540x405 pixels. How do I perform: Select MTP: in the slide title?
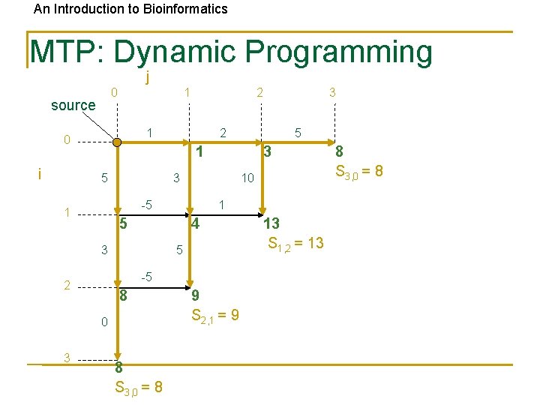coord(68,52)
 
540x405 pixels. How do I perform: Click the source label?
coord(73,106)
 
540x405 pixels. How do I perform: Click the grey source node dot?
coord(115,140)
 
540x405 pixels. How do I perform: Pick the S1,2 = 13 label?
coord(295,242)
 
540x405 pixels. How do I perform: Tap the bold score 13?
coord(271,223)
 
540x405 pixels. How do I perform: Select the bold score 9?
coord(195,295)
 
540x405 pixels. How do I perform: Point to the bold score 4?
coord(194,223)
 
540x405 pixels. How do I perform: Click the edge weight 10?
coord(247,178)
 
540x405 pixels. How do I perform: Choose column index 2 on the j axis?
coord(259,92)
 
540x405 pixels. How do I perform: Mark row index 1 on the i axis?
coord(67,212)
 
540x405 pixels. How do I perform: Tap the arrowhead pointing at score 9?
coord(190,283)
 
